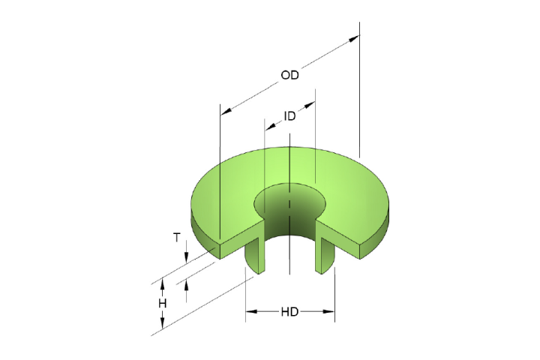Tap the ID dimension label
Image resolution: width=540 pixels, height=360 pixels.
click(x=289, y=116)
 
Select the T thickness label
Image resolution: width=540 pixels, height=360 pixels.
click(x=177, y=237)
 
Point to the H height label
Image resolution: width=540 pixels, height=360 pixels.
click(x=162, y=303)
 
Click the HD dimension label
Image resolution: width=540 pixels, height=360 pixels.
click(x=289, y=311)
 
